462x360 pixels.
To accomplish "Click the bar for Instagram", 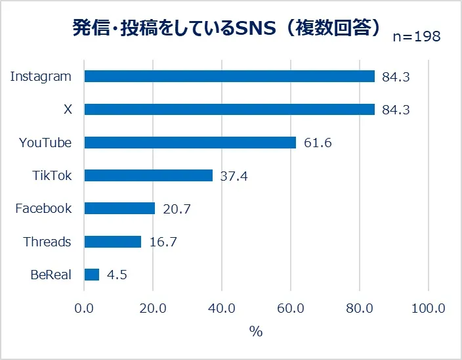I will pos(229,76).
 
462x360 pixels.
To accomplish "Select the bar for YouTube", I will pos(190,143).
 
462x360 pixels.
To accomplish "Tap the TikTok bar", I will pos(148,175).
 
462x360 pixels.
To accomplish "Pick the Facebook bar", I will pos(119,208).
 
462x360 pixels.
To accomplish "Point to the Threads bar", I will pos(113,242).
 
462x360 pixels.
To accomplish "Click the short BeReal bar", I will pos(92,275).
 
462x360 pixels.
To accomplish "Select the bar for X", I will pos(229,109).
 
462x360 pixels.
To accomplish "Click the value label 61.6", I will pos(318,143).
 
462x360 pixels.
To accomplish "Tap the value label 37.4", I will pos(234,176).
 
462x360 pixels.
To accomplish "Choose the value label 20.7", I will pos(177,209).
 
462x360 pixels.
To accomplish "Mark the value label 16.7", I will pos(163,242).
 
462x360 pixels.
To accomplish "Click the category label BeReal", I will pos(51,275).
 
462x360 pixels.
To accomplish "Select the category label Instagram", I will pos(41,76).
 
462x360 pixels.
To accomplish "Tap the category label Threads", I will pos(47,242).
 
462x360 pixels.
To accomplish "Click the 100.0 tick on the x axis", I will pos(428,308).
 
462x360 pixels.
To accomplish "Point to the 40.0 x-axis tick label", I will pos(222,308).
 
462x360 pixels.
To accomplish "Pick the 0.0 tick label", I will pos(85,308).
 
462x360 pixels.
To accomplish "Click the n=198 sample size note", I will pos(417,37).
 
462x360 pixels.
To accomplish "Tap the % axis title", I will pos(256,332).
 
